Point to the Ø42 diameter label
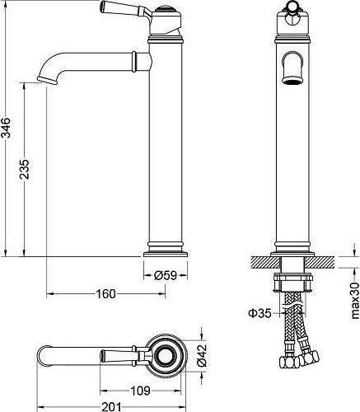[201, 355]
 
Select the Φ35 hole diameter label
[260, 312]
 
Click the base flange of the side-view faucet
[168, 248]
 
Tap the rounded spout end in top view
[43, 356]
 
